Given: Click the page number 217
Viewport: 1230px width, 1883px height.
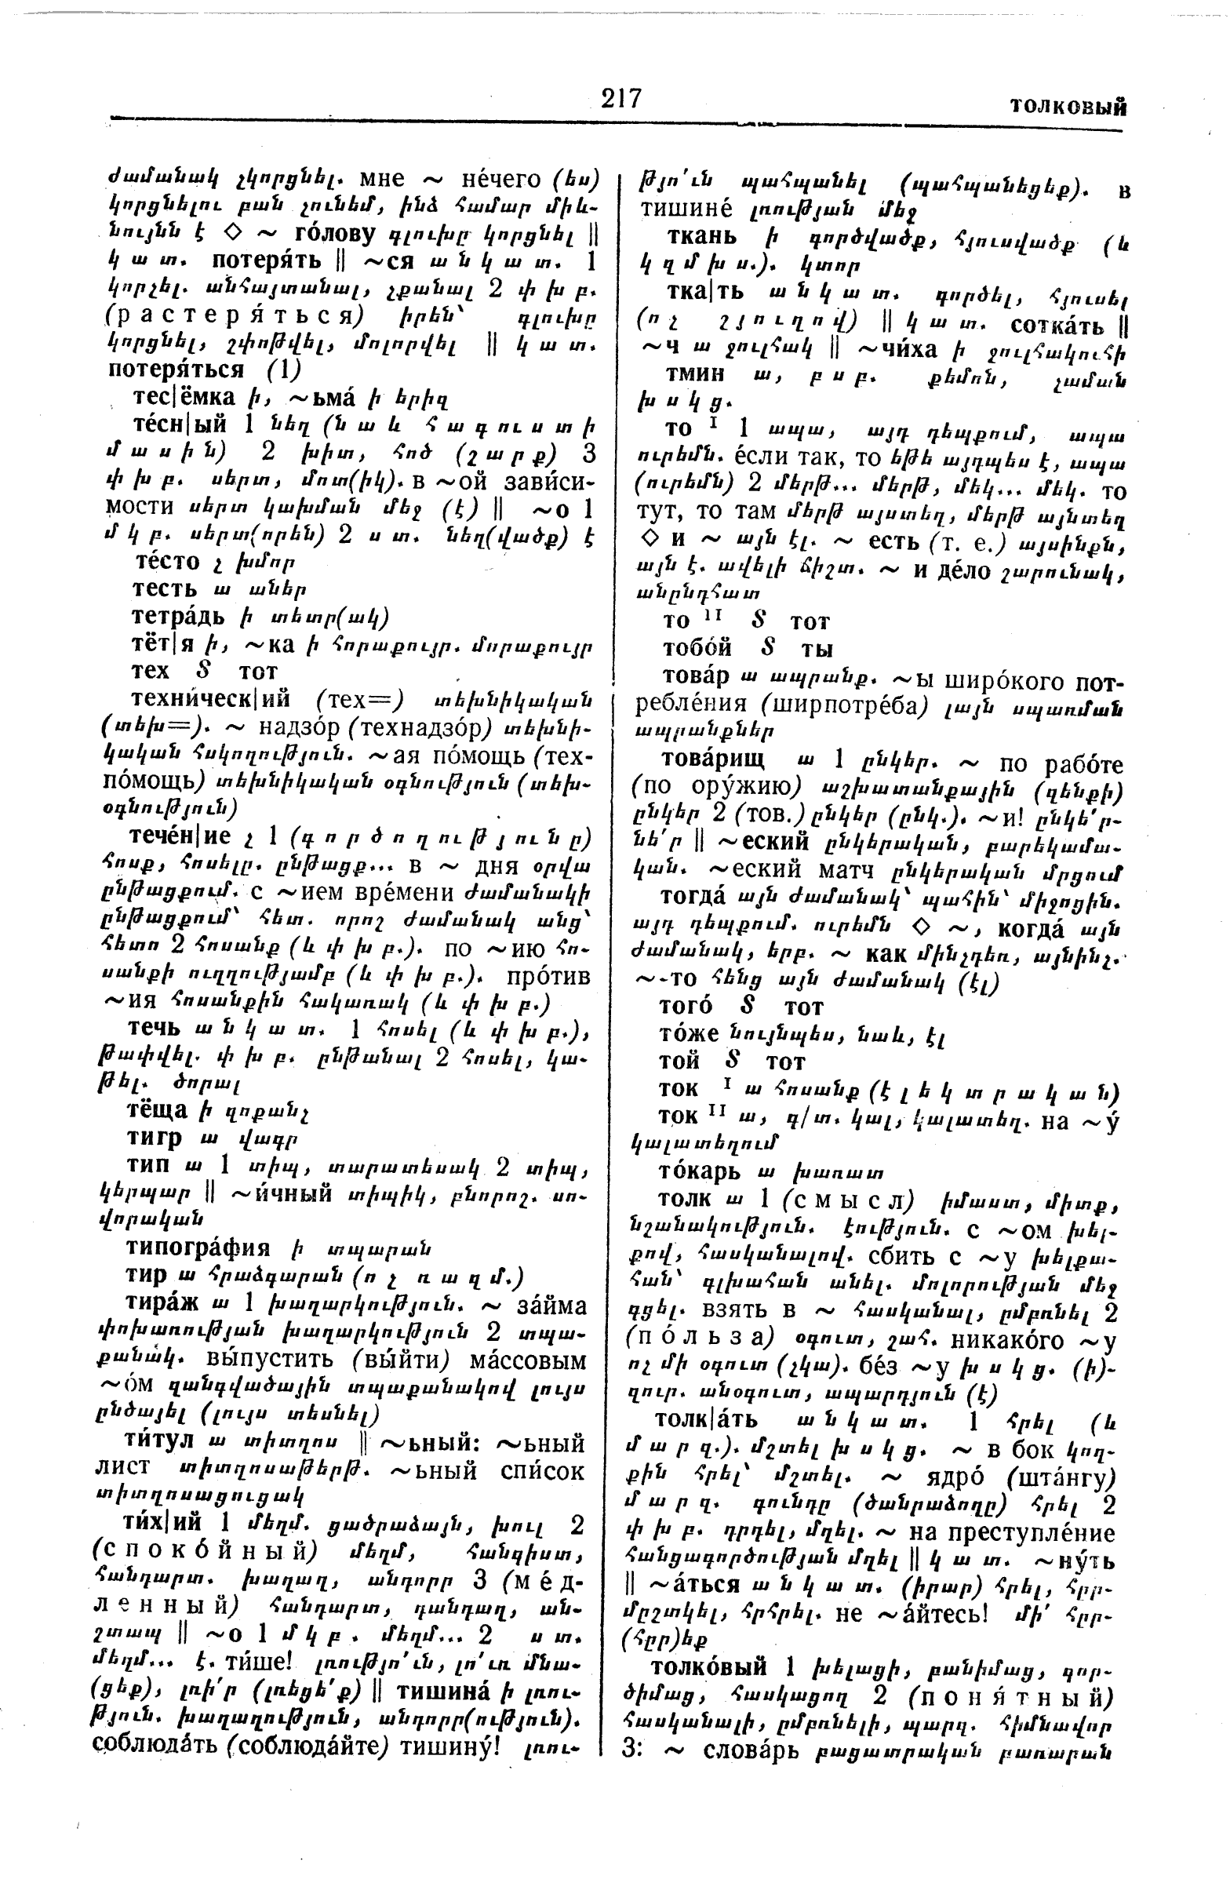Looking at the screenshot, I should click(x=621, y=99).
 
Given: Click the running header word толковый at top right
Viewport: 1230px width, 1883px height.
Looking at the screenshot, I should click(x=1068, y=107).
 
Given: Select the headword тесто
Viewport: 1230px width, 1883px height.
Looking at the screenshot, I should click(x=167, y=561).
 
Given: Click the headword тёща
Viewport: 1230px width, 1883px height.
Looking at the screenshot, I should click(x=158, y=1110).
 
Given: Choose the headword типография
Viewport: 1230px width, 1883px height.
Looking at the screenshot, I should click(x=198, y=1247).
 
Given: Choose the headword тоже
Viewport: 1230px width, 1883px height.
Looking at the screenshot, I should click(x=688, y=1033).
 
